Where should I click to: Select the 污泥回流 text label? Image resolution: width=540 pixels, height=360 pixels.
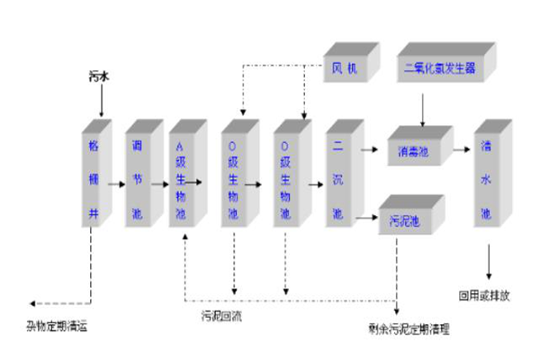tap(220, 316)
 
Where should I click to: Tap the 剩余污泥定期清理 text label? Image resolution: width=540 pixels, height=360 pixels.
tap(409, 328)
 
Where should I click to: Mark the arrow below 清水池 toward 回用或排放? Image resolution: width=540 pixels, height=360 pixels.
tap(490, 261)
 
